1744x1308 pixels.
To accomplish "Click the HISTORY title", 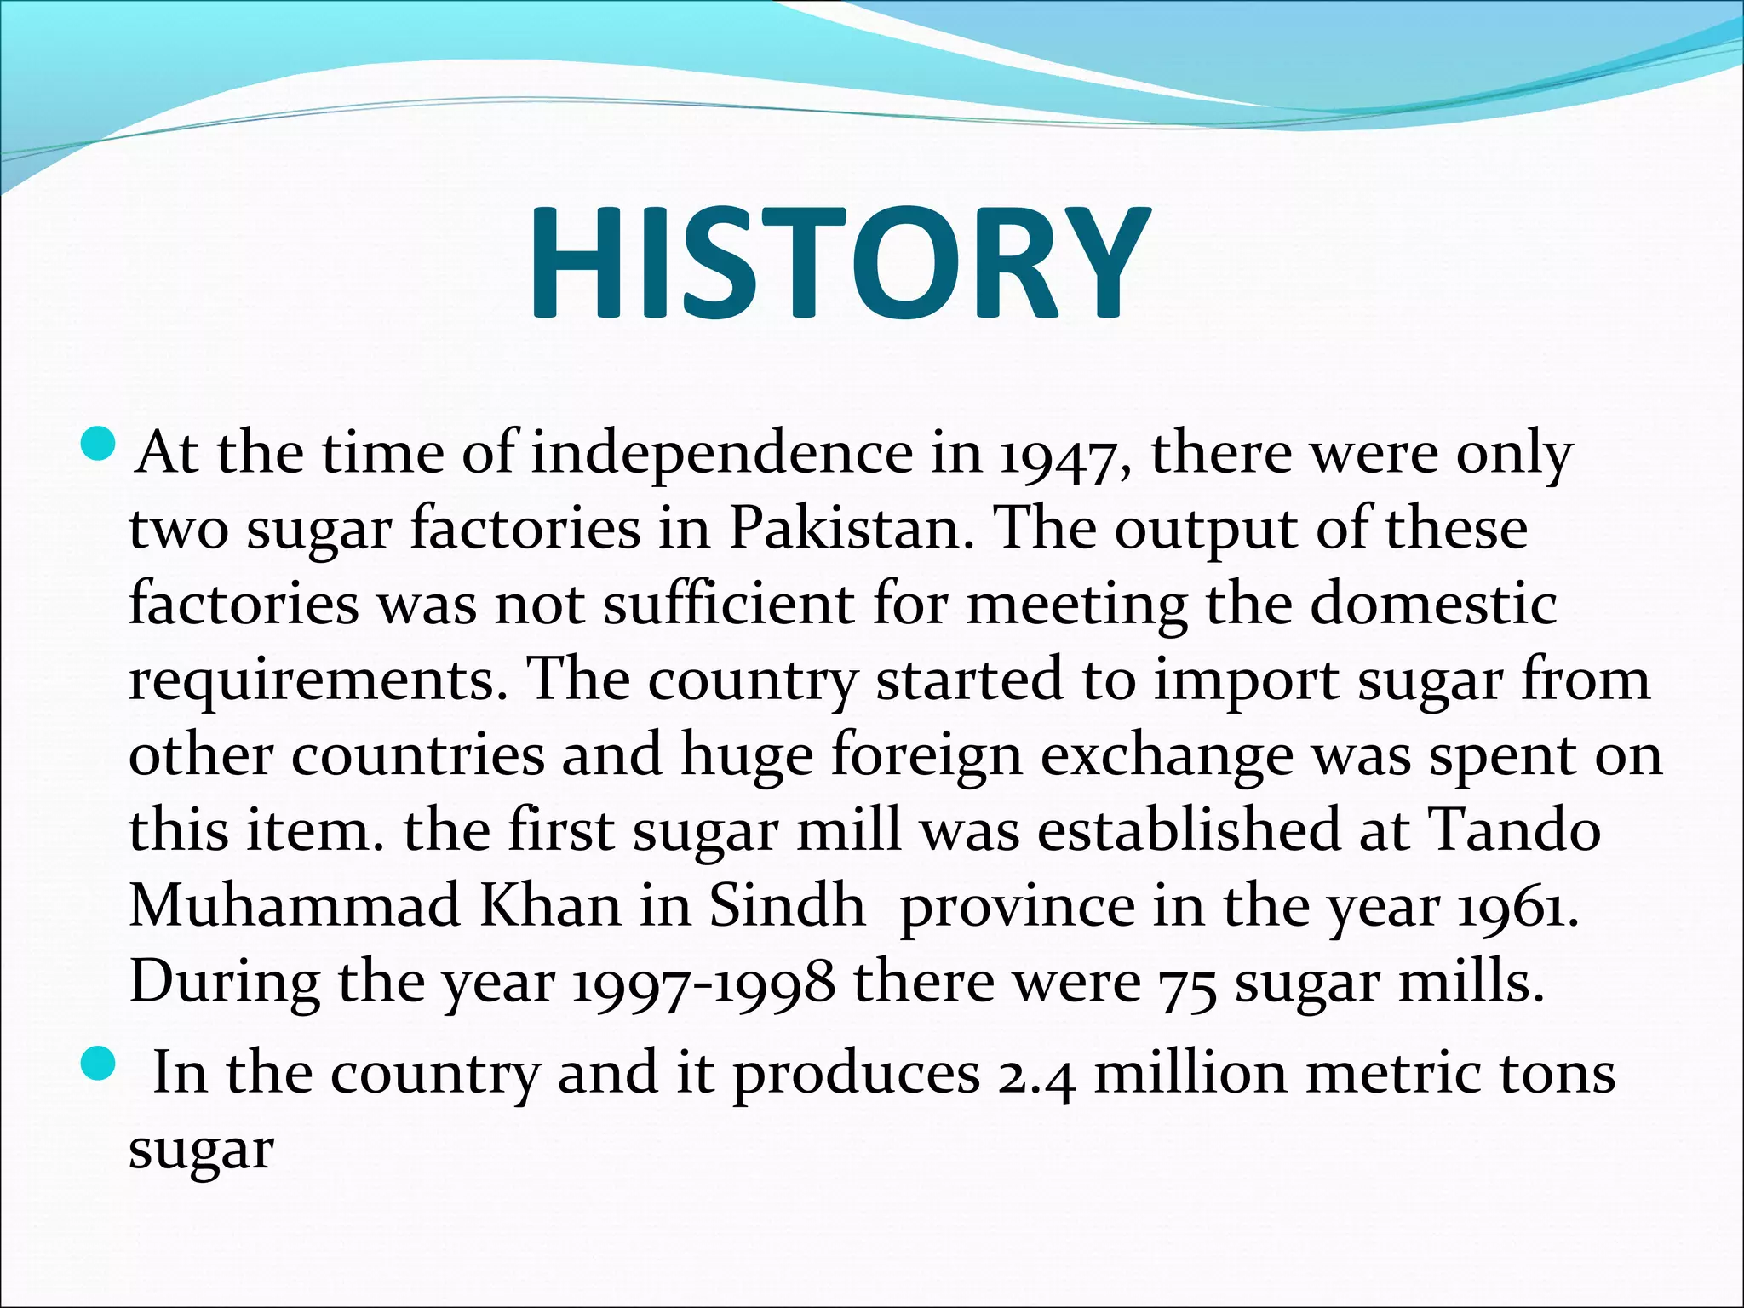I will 839,263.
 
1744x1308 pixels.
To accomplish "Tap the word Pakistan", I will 851,530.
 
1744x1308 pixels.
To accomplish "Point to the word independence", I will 722,453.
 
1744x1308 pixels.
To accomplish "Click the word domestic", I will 1432,605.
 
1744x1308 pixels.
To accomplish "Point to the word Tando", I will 1513,830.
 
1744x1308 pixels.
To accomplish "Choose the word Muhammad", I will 294,905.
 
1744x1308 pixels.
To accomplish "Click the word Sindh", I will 787,905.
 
